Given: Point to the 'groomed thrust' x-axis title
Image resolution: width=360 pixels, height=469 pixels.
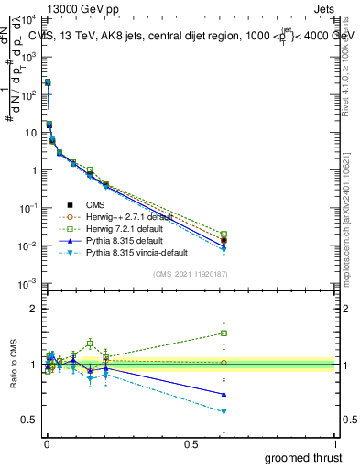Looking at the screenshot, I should [304, 457].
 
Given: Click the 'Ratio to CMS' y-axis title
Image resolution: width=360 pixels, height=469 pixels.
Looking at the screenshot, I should [12, 365].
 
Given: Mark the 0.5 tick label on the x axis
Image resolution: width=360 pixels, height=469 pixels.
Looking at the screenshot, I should [191, 443].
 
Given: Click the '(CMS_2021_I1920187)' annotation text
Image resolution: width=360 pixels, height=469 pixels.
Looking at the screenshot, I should [190, 273].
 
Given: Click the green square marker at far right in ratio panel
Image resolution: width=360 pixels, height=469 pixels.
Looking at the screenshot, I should [224, 333].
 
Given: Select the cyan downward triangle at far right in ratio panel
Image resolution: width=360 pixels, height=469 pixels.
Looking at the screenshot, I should [224, 412].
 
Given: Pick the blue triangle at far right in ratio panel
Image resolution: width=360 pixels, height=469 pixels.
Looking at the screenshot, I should [224, 394].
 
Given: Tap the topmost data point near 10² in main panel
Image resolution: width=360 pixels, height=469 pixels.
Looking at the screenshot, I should [48, 82].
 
